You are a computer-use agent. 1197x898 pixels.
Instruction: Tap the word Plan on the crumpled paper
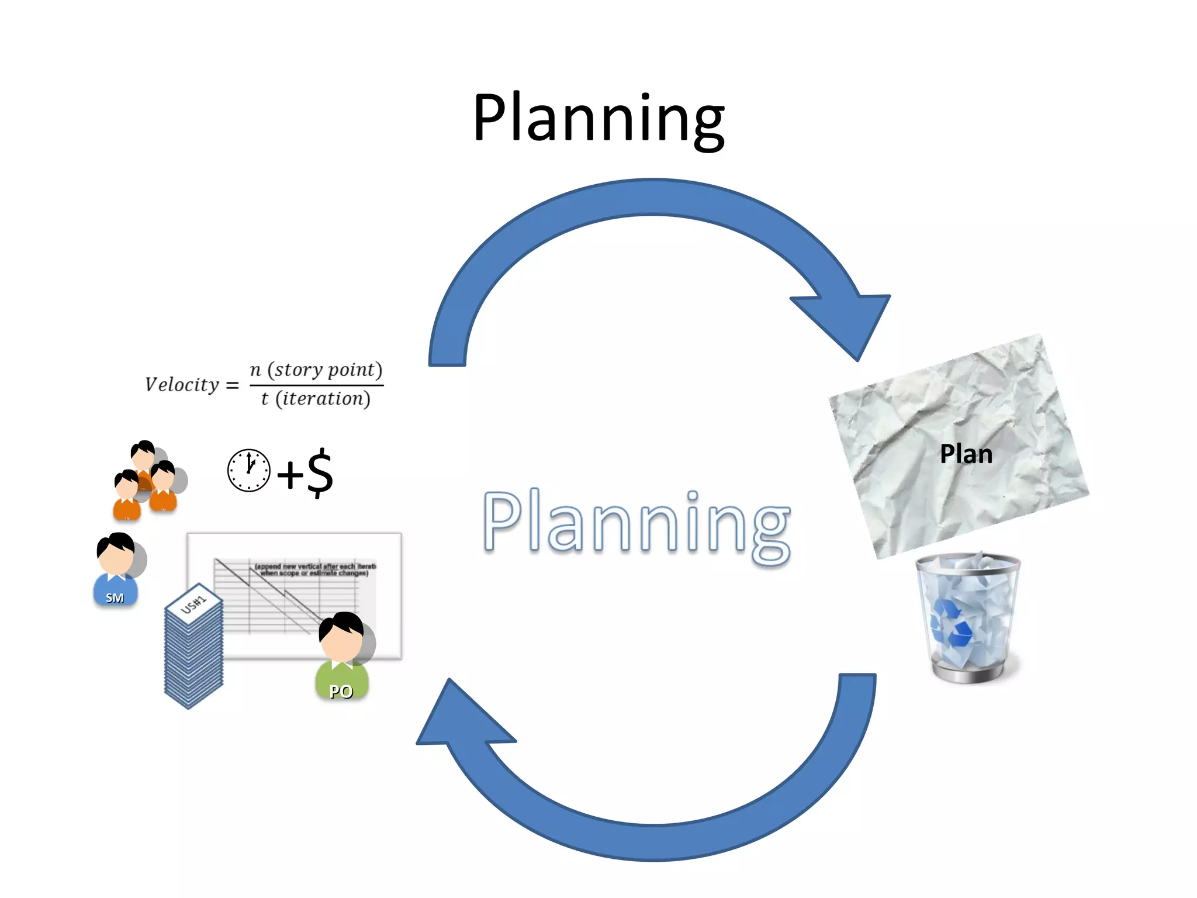coord(966,454)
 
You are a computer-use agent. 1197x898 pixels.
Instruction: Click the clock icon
coord(248,470)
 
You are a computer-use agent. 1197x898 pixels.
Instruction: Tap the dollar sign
coord(320,472)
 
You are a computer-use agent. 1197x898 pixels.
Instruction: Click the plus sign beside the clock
coord(290,474)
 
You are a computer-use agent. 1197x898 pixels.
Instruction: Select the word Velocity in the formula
coord(182,385)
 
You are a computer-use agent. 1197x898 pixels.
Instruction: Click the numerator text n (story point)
coord(316,369)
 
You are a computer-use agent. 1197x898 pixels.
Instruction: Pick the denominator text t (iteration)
coord(316,399)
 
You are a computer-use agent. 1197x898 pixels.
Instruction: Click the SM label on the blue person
coord(115,597)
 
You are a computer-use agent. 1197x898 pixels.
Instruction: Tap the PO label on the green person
coord(341,692)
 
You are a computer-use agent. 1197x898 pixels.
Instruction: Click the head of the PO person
coord(341,637)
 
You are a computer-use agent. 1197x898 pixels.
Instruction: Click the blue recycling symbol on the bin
coord(951,623)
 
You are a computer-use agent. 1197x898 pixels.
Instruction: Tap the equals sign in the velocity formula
coord(232,385)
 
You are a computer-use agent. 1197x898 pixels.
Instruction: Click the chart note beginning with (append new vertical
coord(315,569)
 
